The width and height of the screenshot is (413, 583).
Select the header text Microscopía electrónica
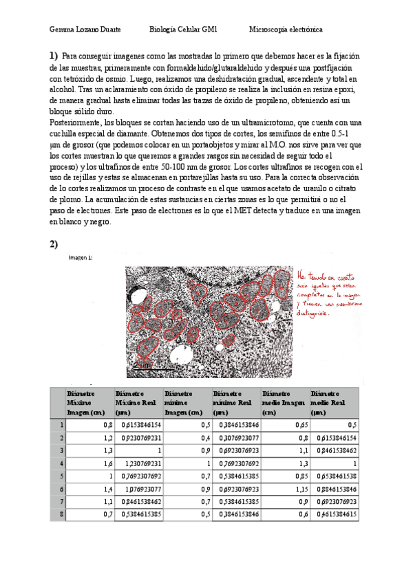286,30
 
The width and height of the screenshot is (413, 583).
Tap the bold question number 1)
54,56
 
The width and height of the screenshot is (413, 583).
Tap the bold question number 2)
54,244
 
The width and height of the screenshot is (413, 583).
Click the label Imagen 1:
81,258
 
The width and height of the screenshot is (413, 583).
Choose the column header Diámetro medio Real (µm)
333,402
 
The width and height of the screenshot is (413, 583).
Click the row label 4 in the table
62,464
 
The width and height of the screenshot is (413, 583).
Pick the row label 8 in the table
62,514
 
